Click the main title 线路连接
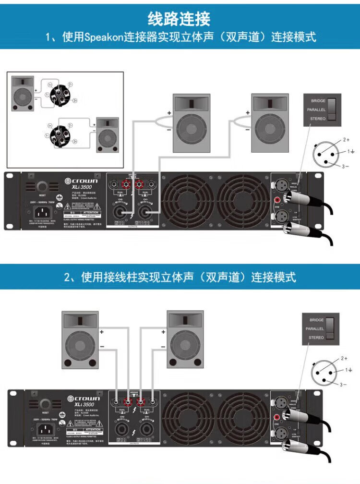[180, 19]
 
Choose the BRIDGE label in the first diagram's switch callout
[318, 101]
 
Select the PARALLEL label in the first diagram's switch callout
[316, 110]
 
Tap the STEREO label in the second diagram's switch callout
[316, 338]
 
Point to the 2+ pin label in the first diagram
[346, 140]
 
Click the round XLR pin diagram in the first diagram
[326, 154]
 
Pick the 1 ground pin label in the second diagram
[349, 370]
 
